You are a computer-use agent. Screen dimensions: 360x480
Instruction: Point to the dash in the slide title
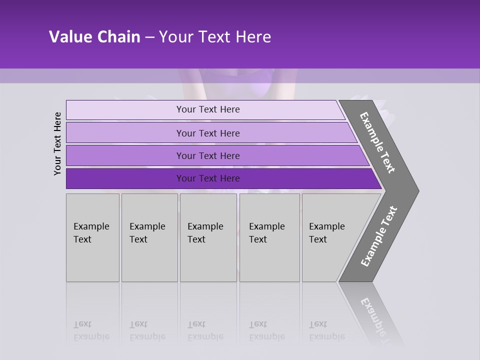(149, 37)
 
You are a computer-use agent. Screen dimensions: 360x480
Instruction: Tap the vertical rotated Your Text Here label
(57, 143)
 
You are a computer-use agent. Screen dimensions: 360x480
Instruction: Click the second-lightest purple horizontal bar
(208, 133)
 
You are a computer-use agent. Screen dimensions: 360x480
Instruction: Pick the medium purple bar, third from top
(208, 155)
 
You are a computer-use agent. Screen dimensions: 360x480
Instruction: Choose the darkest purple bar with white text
(208, 178)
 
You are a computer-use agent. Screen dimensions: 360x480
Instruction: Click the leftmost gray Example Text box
(92, 237)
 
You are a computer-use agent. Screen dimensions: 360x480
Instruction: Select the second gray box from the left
(149, 237)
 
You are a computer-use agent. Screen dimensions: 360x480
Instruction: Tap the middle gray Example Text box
(208, 237)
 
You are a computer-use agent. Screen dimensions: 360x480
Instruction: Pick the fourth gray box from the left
(269, 237)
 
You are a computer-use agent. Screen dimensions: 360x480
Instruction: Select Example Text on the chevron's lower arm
(379, 236)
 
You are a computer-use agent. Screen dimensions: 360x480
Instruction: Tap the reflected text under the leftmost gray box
(91, 330)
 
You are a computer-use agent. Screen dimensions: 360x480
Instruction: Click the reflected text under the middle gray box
(205, 330)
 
